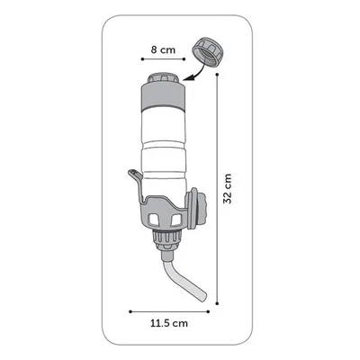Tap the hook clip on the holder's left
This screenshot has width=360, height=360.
(132, 180)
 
